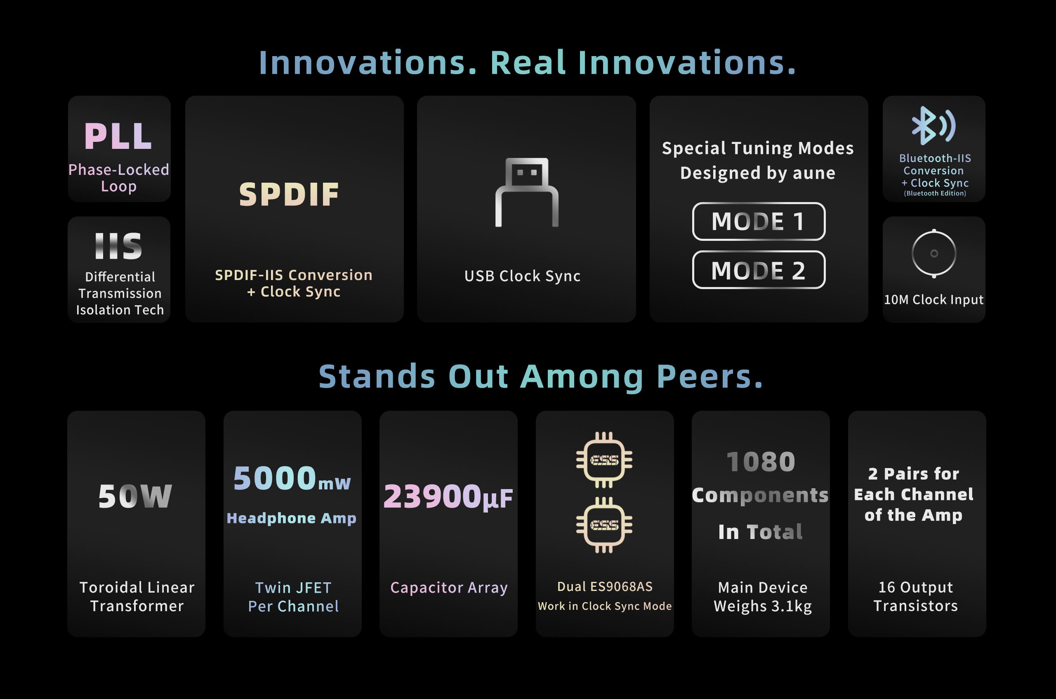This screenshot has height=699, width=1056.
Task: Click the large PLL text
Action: tap(118, 136)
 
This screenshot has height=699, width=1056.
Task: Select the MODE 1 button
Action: tap(759, 221)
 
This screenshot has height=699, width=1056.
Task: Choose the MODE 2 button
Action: tap(759, 270)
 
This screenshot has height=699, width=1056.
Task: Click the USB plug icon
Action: tap(527, 192)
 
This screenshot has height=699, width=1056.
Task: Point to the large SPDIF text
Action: tap(289, 194)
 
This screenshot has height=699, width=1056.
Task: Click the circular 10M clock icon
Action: tap(934, 253)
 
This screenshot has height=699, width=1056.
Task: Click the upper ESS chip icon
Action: tap(604, 460)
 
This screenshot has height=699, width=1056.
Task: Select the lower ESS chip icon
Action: tap(604, 525)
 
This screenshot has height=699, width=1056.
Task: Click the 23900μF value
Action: tap(448, 497)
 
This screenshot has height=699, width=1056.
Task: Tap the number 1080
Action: tap(761, 462)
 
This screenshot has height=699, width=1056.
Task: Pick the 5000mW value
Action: tap(292, 478)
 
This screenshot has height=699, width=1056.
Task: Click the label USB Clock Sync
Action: tap(522, 276)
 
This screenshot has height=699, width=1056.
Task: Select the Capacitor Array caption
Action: tap(449, 588)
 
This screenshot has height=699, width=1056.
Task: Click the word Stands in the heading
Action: tap(377, 377)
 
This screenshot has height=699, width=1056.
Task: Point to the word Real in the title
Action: tap(528, 62)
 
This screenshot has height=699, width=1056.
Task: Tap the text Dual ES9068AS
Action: tap(605, 587)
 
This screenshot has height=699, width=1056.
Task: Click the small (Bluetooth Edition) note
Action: tap(935, 193)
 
